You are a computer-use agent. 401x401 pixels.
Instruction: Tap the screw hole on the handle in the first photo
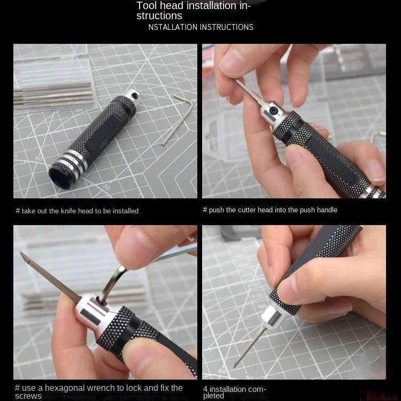(135, 95)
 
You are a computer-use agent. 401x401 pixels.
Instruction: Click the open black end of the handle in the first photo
(59, 178)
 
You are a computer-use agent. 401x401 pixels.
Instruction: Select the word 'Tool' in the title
(146, 6)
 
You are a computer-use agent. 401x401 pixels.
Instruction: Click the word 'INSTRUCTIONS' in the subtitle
(227, 27)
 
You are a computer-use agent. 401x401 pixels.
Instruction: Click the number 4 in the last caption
(205, 389)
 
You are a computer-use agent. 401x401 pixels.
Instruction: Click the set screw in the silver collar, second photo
(274, 110)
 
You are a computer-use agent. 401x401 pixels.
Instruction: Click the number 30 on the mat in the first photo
(106, 188)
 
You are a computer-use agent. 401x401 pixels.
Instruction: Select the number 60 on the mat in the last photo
(222, 371)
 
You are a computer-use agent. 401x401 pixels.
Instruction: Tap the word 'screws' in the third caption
(28, 396)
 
